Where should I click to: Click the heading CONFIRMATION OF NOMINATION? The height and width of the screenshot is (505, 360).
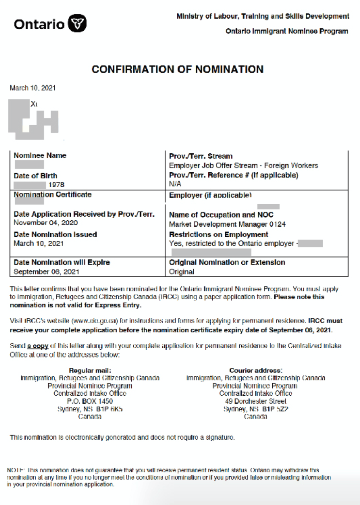177,70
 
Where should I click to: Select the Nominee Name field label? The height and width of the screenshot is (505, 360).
40,155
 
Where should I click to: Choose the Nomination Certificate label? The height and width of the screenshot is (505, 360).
53,195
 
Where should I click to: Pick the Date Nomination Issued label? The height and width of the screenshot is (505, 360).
55,235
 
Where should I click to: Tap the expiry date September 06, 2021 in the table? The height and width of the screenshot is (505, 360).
46,271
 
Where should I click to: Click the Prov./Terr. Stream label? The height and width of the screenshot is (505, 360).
200,156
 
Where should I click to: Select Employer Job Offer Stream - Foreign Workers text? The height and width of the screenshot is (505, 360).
243,166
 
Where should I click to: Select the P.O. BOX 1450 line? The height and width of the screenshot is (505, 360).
90,402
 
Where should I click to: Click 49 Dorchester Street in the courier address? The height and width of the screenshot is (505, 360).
255,402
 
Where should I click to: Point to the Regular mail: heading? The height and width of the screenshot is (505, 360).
90,370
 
